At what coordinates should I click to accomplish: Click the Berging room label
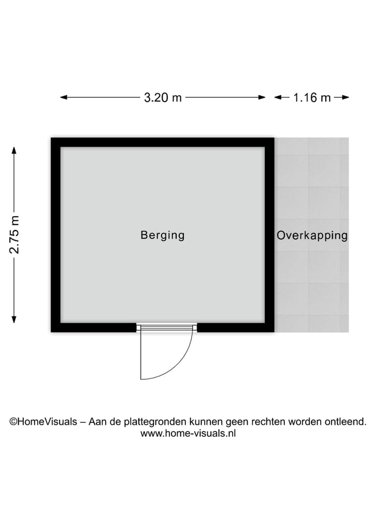click(x=163, y=235)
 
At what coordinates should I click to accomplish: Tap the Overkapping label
click(x=312, y=235)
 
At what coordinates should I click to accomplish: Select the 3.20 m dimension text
click(x=163, y=97)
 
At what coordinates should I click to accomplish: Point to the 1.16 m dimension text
click(x=312, y=97)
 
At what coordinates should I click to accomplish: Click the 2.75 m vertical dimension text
click(x=15, y=235)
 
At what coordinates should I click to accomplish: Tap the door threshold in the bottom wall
click(x=167, y=327)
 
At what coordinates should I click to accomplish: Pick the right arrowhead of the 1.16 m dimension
click(x=346, y=97)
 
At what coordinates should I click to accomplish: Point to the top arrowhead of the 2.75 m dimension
click(x=14, y=150)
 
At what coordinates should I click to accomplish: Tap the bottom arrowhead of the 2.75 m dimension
click(x=14, y=319)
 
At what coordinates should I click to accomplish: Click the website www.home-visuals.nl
click(x=188, y=433)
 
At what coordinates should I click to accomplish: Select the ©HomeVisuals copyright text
click(x=44, y=421)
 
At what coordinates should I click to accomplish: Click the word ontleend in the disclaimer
click(x=346, y=421)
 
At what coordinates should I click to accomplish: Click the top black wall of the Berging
click(x=163, y=142)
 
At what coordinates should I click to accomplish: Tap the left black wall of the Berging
click(x=56, y=235)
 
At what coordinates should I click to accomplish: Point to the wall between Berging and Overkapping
click(x=269, y=235)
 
